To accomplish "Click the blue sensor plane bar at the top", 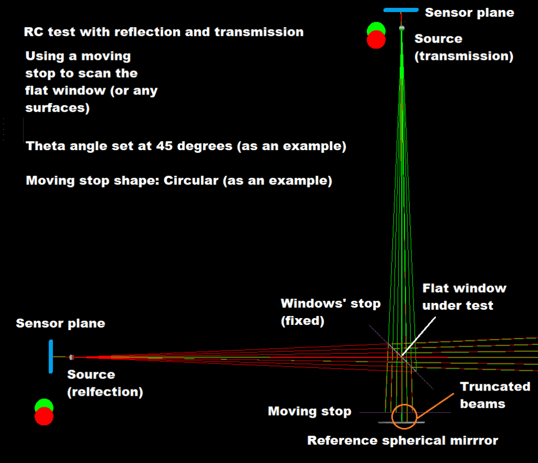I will pos(401,10).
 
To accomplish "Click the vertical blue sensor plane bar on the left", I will pos(51,356).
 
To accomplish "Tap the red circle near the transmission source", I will pos(376,40).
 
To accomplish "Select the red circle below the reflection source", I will pos(44,416).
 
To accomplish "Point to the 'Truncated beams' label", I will pos(495,395).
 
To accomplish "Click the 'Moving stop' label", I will pos(309,411).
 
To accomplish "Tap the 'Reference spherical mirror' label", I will pos(402,440).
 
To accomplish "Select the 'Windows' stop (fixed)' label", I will pos(330,312).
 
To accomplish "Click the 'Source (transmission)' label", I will pos(464,47).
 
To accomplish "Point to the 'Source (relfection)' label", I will pos(105,383).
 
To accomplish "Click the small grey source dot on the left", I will pos(71,357).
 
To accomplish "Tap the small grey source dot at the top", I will pos(402,27).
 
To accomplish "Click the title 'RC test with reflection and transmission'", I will pos(164,31).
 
